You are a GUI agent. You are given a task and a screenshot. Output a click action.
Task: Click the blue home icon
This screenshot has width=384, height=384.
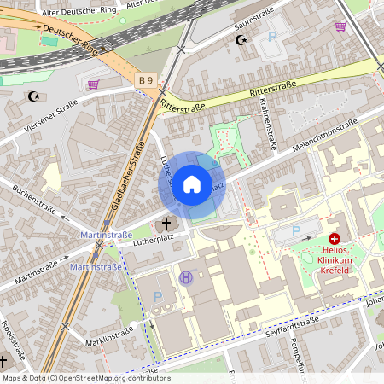coord(192,183)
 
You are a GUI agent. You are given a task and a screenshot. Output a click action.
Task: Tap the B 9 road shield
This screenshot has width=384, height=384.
coord(147,80)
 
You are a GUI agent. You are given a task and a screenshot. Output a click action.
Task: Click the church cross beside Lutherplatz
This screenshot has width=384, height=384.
coord(166,225)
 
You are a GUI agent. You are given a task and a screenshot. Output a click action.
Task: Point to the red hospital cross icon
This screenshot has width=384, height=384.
coord(335,240)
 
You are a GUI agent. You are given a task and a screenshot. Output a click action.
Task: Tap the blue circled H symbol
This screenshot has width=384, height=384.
coord(185,276)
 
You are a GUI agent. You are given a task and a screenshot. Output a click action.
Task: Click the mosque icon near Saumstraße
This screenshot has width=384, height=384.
coord(240,39)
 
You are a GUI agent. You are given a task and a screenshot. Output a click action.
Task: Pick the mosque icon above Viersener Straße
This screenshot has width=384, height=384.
coord(34,96)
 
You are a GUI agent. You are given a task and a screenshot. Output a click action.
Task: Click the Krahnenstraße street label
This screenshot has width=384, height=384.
coord(266,124)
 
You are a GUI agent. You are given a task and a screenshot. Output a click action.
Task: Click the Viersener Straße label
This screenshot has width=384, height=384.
coord(51,114)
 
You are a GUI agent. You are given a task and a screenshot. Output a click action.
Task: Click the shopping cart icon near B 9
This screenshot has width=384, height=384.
coord(92,84)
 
